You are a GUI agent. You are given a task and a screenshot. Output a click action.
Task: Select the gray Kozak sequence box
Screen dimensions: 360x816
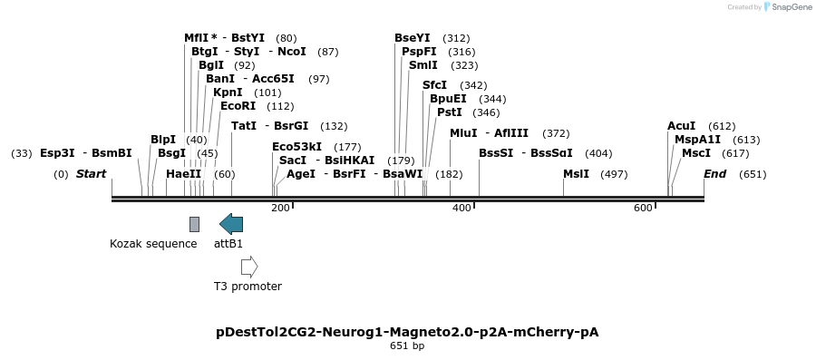tap(194, 224)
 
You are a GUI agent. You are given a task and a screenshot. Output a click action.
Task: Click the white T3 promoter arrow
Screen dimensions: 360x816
tap(249, 267)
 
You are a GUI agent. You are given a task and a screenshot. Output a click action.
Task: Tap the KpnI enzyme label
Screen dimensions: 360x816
tap(228, 92)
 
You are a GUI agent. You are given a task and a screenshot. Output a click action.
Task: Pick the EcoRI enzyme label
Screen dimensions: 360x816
tap(238, 106)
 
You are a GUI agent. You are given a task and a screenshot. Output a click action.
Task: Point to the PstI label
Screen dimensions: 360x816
tap(450, 112)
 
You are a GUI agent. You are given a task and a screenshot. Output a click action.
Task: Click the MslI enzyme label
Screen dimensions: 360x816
tap(576, 174)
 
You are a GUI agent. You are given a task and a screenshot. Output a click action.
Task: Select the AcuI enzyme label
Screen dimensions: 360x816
tap(681, 126)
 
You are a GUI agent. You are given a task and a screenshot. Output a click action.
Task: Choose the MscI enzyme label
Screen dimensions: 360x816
tap(695, 153)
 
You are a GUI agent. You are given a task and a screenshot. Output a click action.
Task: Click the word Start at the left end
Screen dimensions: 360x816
tap(91, 174)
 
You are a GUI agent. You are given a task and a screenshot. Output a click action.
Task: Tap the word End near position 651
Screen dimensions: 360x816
tap(714, 174)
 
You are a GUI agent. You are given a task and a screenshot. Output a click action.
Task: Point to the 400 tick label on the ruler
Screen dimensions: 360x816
tap(461, 209)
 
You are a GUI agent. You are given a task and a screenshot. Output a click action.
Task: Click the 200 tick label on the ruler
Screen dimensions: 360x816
tap(280, 209)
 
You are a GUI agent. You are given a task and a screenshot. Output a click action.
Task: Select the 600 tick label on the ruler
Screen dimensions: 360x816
tap(643, 209)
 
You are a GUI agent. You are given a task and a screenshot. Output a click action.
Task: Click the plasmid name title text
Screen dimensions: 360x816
tap(407, 332)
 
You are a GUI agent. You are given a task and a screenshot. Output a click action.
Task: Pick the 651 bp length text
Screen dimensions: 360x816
tap(407, 346)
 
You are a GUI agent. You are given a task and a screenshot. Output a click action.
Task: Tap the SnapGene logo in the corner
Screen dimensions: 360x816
tap(788, 7)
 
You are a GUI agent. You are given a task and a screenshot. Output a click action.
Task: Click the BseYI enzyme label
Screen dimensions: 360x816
tap(413, 38)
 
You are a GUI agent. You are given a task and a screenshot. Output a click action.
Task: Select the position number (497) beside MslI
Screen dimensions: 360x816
tap(614, 174)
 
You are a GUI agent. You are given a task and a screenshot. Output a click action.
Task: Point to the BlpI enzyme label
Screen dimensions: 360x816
tap(163, 140)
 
